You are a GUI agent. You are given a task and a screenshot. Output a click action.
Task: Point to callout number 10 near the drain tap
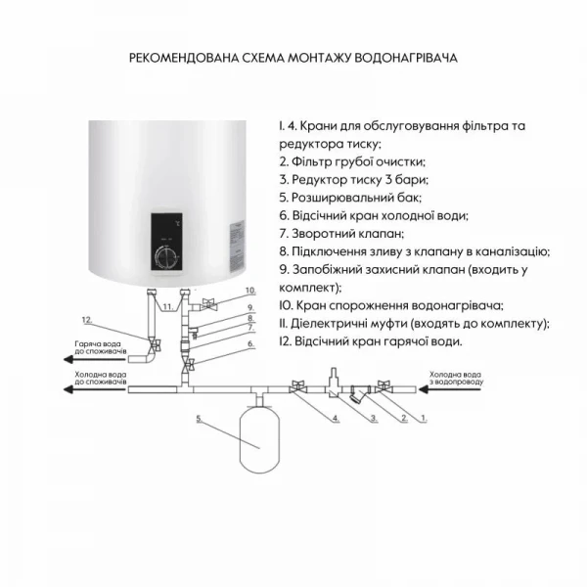pos(249,291)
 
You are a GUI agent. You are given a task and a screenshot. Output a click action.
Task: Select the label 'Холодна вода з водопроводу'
pos(455,378)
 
